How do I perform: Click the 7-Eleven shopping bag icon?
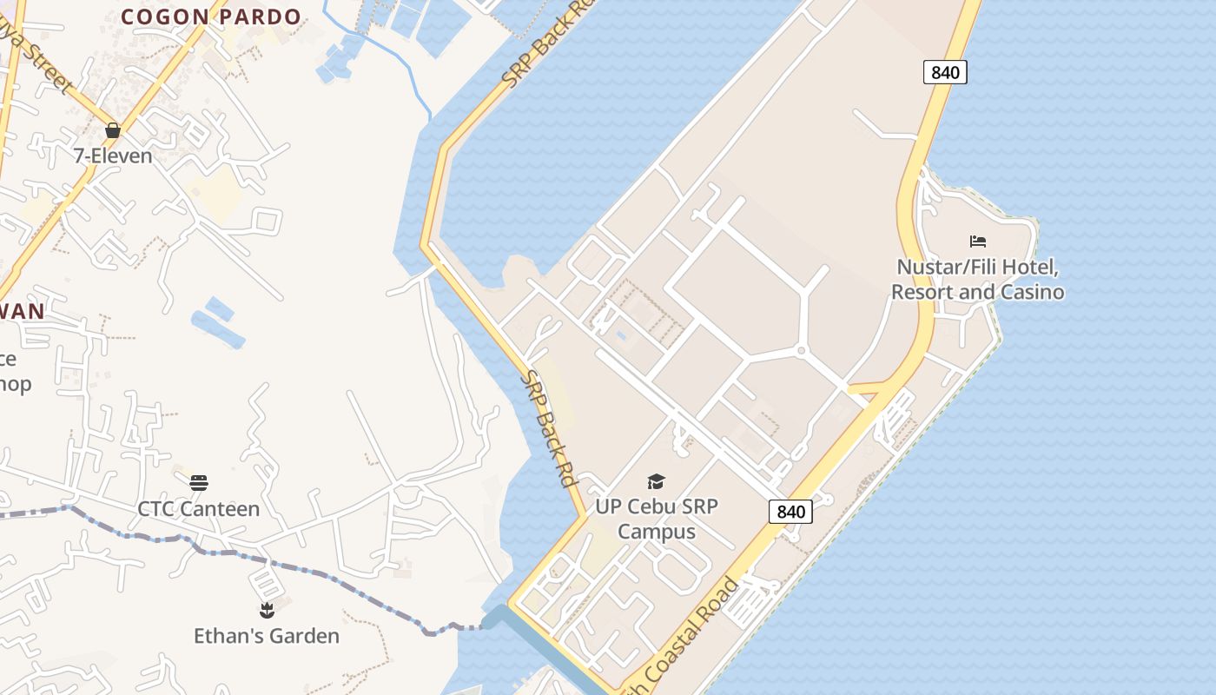(x=112, y=130)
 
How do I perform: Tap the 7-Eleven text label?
(x=112, y=156)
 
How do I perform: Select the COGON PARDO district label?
(x=211, y=17)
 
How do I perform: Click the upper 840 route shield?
(x=945, y=72)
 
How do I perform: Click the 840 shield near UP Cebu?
(x=790, y=512)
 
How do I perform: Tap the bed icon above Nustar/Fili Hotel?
(x=978, y=242)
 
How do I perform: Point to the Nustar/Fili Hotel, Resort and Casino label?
(x=978, y=279)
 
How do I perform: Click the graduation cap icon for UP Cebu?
(x=657, y=481)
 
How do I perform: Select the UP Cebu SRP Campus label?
(x=657, y=519)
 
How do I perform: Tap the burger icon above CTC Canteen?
(x=199, y=483)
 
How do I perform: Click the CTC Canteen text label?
(x=199, y=509)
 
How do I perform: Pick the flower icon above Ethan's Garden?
(x=267, y=610)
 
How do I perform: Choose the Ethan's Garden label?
(x=267, y=636)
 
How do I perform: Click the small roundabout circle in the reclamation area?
(x=801, y=351)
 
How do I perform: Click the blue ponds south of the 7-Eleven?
(x=214, y=321)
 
